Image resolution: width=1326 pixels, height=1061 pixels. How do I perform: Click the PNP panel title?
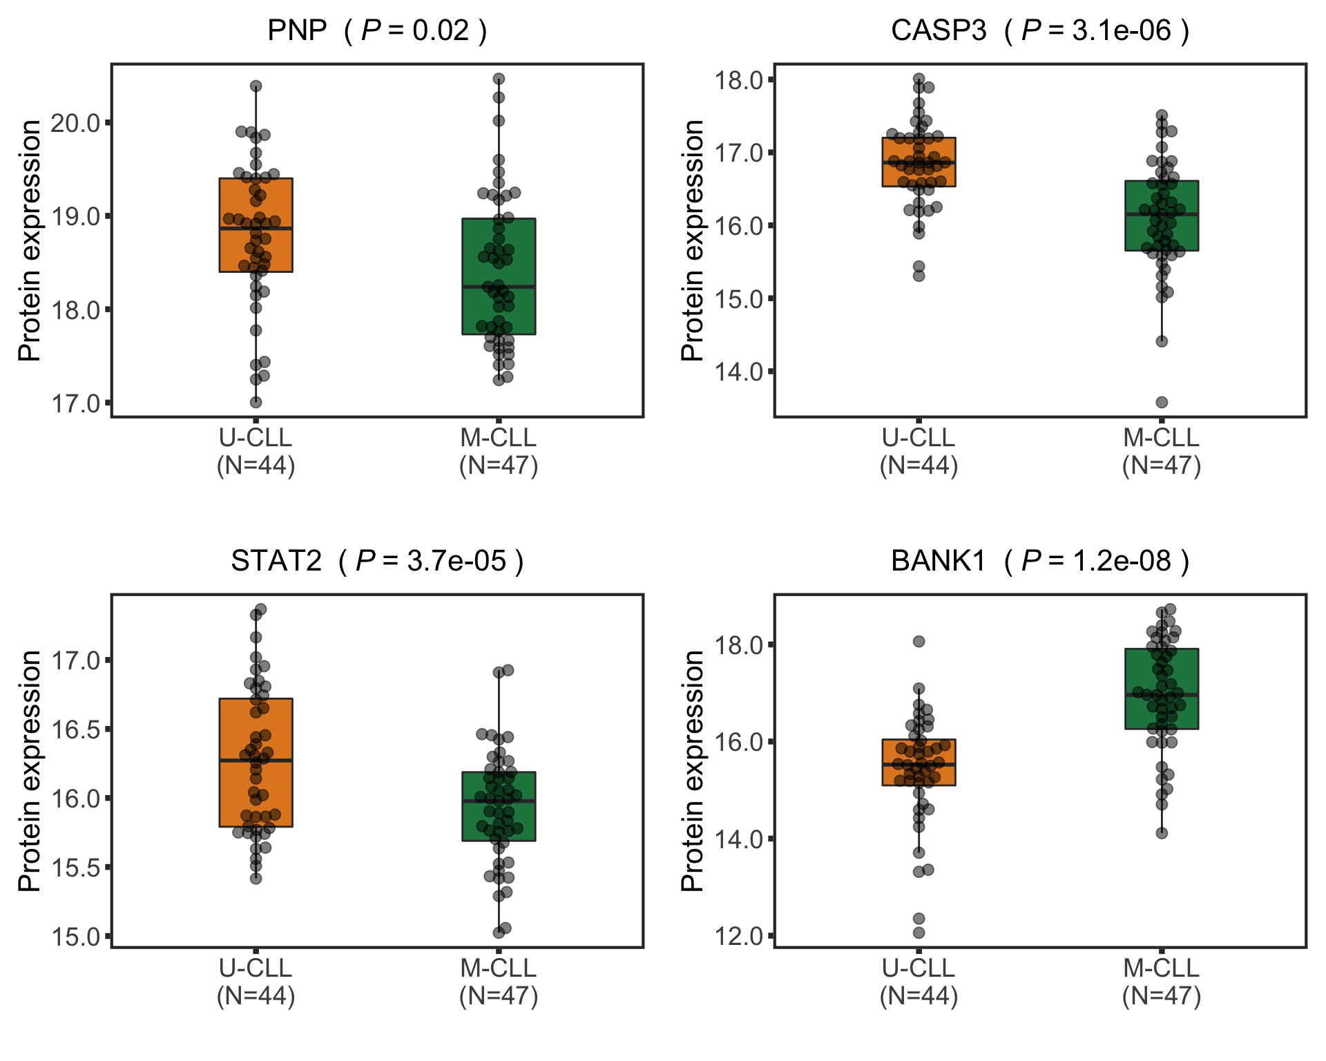377,30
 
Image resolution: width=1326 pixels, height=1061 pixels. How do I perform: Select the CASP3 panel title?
1040,30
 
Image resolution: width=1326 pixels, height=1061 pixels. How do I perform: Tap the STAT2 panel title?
377,561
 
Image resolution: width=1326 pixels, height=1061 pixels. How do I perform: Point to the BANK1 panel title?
1040,561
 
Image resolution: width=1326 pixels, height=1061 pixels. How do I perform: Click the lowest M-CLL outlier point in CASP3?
1162,402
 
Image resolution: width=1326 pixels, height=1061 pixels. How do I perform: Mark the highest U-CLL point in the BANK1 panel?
919,642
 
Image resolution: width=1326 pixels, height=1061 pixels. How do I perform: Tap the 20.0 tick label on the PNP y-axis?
75,123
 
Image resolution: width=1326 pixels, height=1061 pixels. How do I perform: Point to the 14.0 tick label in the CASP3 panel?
738,372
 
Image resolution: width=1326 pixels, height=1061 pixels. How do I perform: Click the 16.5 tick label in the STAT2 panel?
75,729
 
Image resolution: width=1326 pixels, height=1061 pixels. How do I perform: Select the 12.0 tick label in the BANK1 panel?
738,936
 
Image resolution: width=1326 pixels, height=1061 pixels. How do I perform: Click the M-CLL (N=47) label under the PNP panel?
499,452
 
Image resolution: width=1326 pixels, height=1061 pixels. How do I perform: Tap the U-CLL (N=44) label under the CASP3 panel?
919,452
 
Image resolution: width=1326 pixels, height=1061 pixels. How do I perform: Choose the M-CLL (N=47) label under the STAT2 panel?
499,982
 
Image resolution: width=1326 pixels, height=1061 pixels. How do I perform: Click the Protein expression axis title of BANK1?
692,770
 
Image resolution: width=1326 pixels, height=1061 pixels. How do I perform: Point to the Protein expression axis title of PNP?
29,240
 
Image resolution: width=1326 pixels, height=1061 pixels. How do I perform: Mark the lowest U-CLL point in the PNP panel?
256,402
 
